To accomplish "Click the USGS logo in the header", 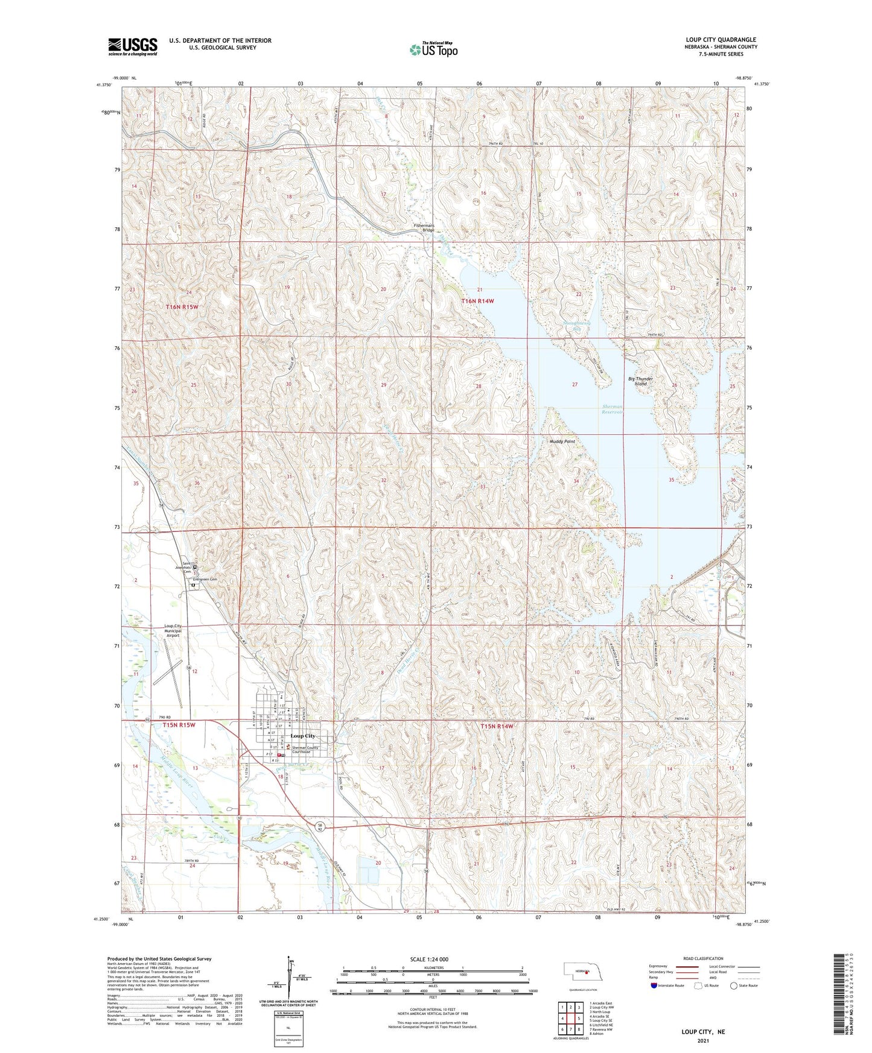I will [132, 46].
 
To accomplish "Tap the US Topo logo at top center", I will [433, 49].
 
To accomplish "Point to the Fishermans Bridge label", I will [424, 227].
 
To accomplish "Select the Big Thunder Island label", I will [640, 381].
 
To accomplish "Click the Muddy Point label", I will [562, 441].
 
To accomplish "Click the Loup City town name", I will [302, 736].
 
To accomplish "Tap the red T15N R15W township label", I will [179, 725].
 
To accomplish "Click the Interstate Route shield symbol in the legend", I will [654, 985].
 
